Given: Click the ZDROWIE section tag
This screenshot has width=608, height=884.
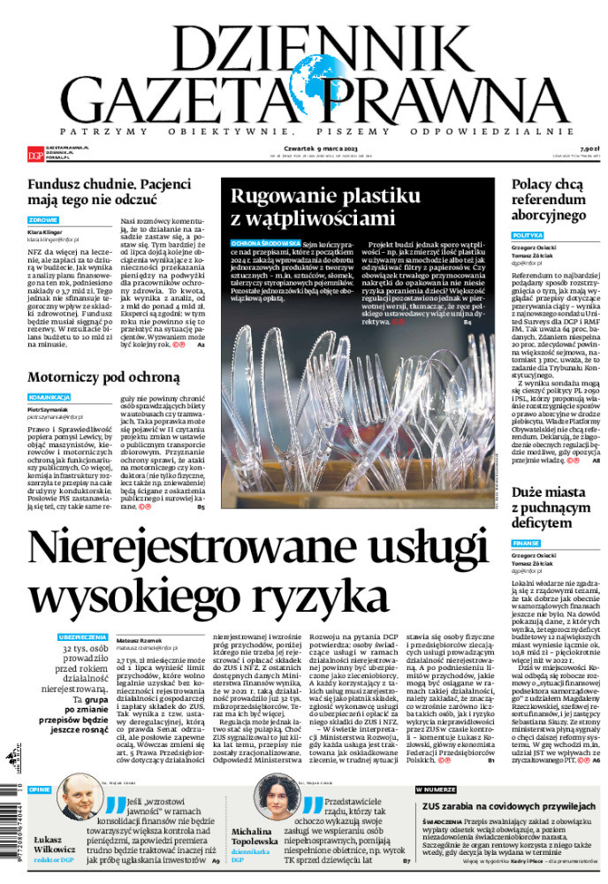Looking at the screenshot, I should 43,220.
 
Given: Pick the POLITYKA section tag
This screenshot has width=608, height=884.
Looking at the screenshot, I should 528,236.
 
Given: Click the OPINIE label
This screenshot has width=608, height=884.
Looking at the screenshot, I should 40,789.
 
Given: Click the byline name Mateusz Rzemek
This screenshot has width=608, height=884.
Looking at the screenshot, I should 139,636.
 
